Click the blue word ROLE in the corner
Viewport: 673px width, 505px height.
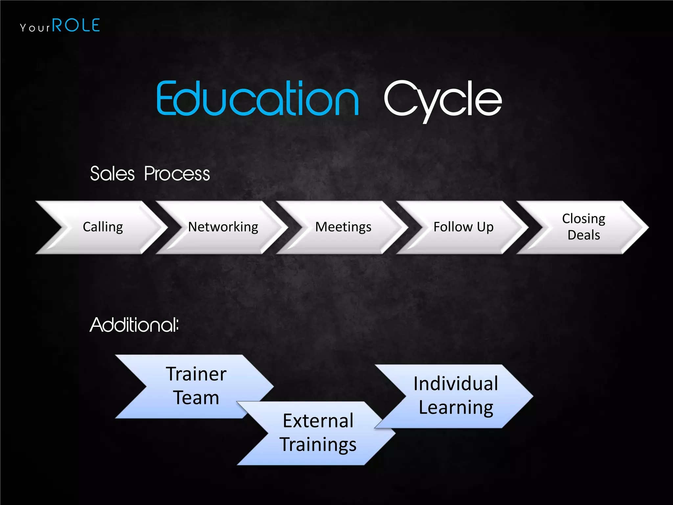point(76,26)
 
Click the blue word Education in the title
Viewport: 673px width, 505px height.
point(258,99)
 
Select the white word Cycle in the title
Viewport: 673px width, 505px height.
point(443,100)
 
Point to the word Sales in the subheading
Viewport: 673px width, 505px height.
point(112,174)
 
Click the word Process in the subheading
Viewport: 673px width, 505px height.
point(177,174)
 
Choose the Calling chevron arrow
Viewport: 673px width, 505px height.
point(103,227)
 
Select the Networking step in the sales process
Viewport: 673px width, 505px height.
point(223,227)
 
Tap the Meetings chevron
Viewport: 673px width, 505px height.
point(343,227)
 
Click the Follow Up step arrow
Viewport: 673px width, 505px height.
point(463,227)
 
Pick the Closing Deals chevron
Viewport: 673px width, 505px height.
point(584,227)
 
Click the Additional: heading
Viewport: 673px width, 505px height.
point(134,325)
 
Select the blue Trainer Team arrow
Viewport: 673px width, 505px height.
point(196,386)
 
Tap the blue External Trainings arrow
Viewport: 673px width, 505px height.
point(318,433)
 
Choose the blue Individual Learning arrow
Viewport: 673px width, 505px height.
point(456,396)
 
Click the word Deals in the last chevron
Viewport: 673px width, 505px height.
point(584,235)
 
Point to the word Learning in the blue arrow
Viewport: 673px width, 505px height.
point(456,408)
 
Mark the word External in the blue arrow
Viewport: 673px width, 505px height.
point(318,421)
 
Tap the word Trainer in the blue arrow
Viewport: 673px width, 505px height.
point(196,374)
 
